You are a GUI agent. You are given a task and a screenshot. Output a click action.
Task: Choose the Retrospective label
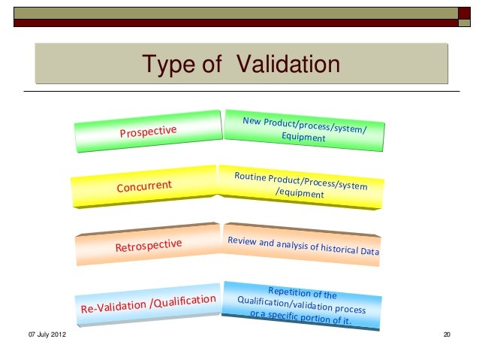148,245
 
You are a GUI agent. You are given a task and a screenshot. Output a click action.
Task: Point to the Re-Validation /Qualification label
148,305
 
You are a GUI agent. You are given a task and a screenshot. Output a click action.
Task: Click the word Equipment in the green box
303,138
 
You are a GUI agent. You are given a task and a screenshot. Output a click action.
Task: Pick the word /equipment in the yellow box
300,193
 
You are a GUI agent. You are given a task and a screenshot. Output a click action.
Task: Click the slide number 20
447,334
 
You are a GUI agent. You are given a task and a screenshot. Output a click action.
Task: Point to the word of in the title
212,65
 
